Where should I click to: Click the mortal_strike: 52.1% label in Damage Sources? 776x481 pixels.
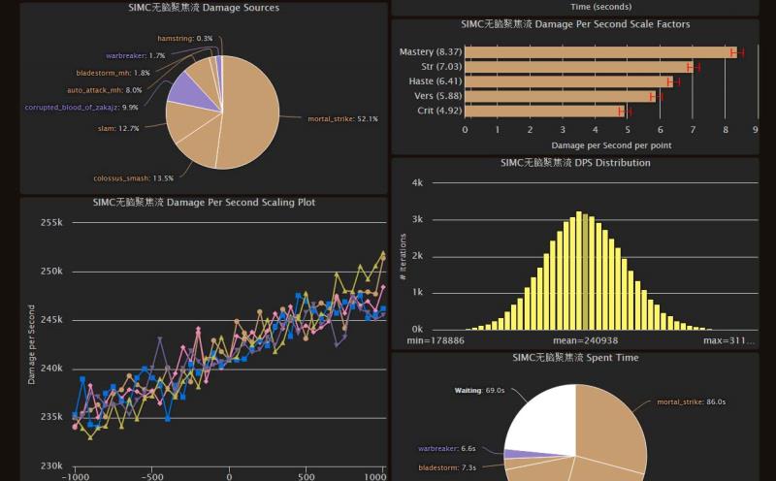pos(342,119)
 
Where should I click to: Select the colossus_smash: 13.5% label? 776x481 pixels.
pos(133,177)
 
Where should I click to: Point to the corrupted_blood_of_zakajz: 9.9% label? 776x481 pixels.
pos(81,108)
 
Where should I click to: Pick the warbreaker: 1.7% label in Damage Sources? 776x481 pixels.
pos(136,55)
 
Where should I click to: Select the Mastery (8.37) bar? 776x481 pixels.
pos(599,52)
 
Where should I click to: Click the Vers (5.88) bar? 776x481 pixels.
pos(560,96)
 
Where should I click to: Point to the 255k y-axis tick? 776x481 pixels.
pos(51,222)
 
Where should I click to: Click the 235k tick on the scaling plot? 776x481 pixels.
pos(51,418)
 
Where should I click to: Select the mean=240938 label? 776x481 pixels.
pos(580,340)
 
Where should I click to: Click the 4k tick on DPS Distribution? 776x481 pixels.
pos(417,182)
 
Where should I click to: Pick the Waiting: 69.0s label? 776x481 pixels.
pos(481,391)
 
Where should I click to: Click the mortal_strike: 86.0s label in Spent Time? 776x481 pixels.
pos(691,401)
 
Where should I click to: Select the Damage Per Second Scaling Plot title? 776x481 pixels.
pos(204,203)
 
